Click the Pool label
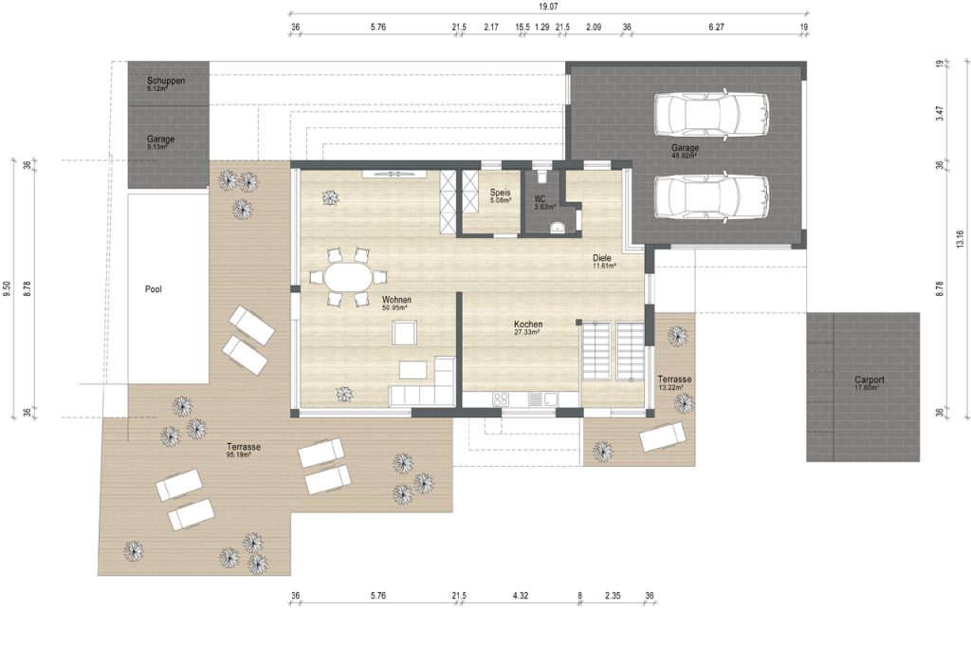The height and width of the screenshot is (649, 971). click(153, 289)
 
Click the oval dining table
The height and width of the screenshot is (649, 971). click(347, 277)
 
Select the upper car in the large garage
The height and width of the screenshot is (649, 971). click(711, 114)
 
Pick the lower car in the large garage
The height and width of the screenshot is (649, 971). click(711, 197)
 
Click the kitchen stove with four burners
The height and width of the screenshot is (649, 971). click(501, 399)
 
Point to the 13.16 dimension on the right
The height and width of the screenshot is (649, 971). click(960, 239)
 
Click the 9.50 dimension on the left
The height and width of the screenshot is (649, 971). click(7, 289)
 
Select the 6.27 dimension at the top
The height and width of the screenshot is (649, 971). click(716, 27)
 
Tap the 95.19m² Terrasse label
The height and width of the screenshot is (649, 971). click(244, 450)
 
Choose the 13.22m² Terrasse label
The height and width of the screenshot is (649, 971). click(674, 383)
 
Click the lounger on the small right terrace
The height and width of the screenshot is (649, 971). click(663, 436)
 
